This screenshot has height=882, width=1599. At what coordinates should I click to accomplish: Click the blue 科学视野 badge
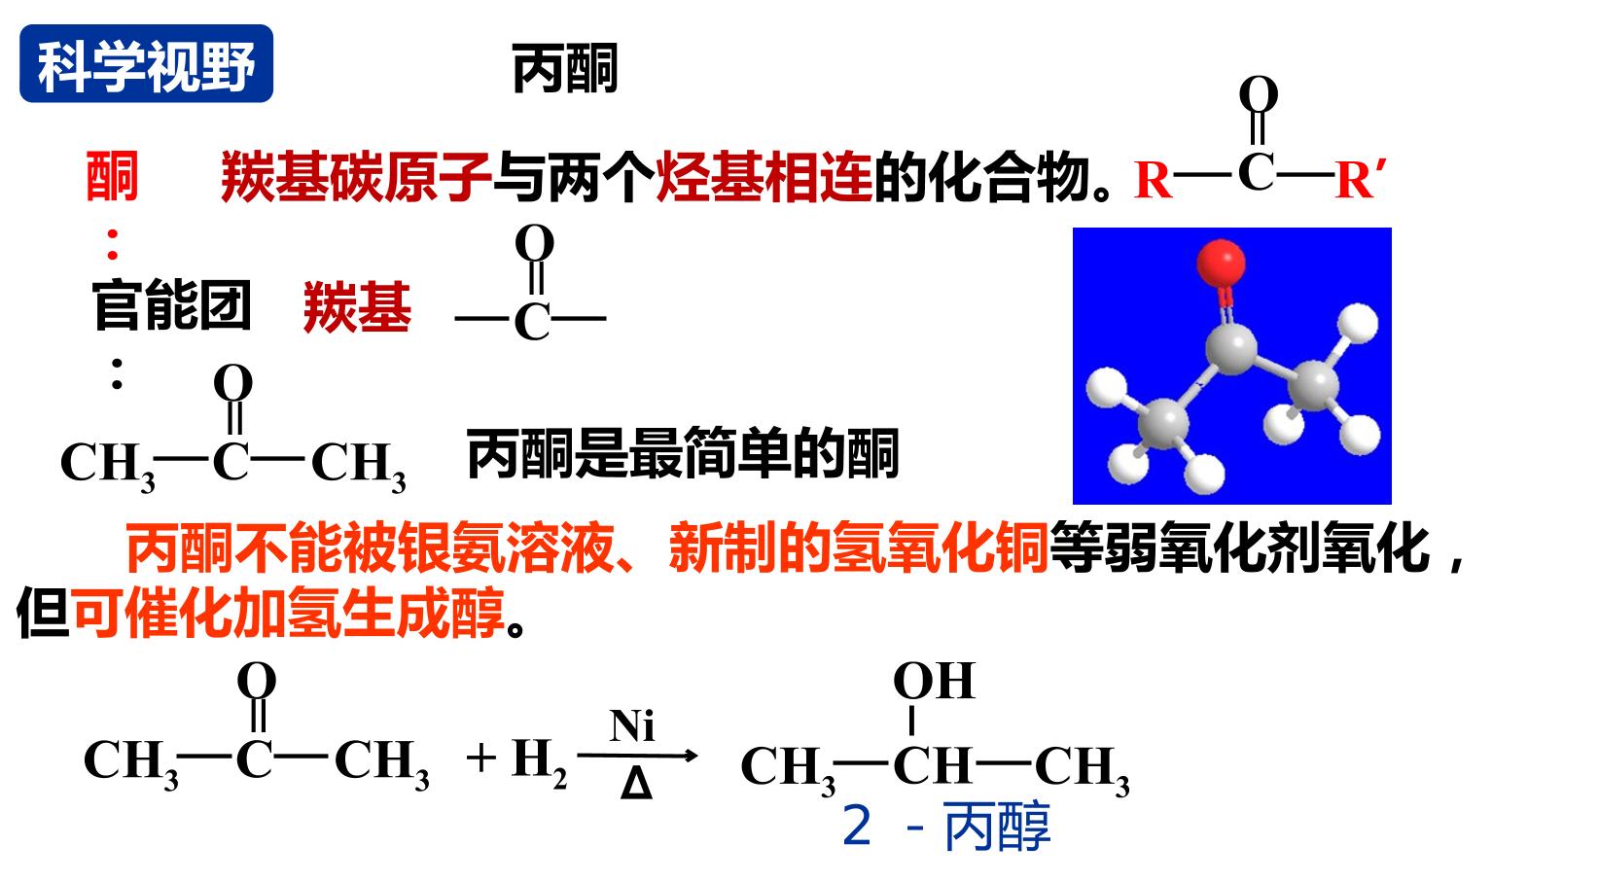146,64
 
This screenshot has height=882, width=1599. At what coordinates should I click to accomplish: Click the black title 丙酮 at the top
565,68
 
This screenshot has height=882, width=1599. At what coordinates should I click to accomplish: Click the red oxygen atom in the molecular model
1221,264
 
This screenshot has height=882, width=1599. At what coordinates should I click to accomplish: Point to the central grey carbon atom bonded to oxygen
1230,348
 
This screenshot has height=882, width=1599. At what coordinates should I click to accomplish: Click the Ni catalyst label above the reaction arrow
632,725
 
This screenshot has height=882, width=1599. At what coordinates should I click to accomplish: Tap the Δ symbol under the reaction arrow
636,784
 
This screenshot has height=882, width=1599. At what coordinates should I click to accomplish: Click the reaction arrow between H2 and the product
637,755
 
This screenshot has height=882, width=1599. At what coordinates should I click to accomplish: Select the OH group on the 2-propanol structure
934,681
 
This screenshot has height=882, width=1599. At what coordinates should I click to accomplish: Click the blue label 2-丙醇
945,826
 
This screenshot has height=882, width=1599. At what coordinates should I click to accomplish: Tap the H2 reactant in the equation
539,762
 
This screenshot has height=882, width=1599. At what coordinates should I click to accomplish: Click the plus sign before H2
481,758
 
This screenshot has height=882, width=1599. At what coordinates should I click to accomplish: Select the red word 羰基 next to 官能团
357,307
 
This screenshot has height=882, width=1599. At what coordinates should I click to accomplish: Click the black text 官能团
171,305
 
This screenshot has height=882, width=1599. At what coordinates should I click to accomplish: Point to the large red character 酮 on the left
112,176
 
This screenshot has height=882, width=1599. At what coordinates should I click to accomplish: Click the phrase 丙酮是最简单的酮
683,453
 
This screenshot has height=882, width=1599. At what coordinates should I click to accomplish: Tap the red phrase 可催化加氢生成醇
289,613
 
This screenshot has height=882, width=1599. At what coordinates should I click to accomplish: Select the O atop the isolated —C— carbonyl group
534,243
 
